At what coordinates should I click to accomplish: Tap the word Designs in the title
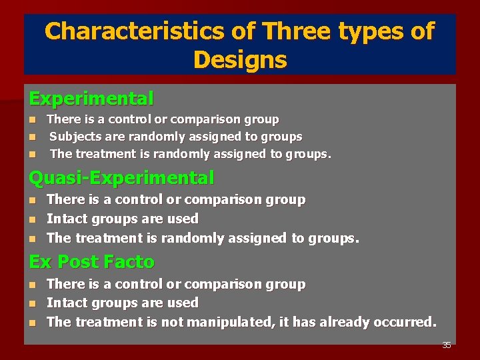240,60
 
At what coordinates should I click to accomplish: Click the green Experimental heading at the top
91,99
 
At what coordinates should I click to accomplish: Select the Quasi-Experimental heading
121,178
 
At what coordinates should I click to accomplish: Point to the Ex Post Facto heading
91,262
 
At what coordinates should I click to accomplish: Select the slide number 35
447,345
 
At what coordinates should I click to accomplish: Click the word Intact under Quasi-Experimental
66,219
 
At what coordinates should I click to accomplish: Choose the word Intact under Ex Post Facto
66,303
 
